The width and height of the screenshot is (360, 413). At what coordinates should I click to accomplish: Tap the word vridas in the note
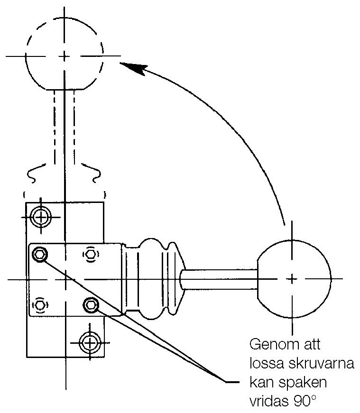pos(267,402)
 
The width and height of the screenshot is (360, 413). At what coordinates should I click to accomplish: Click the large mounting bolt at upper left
pos(42,217)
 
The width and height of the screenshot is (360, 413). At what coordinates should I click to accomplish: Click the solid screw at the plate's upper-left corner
pos(39,255)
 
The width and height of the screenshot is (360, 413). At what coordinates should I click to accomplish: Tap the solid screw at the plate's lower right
pos(90,305)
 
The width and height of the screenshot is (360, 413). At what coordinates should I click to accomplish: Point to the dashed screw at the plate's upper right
pos(90,254)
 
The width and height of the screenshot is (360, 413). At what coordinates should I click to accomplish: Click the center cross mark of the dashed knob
pos(64,56)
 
